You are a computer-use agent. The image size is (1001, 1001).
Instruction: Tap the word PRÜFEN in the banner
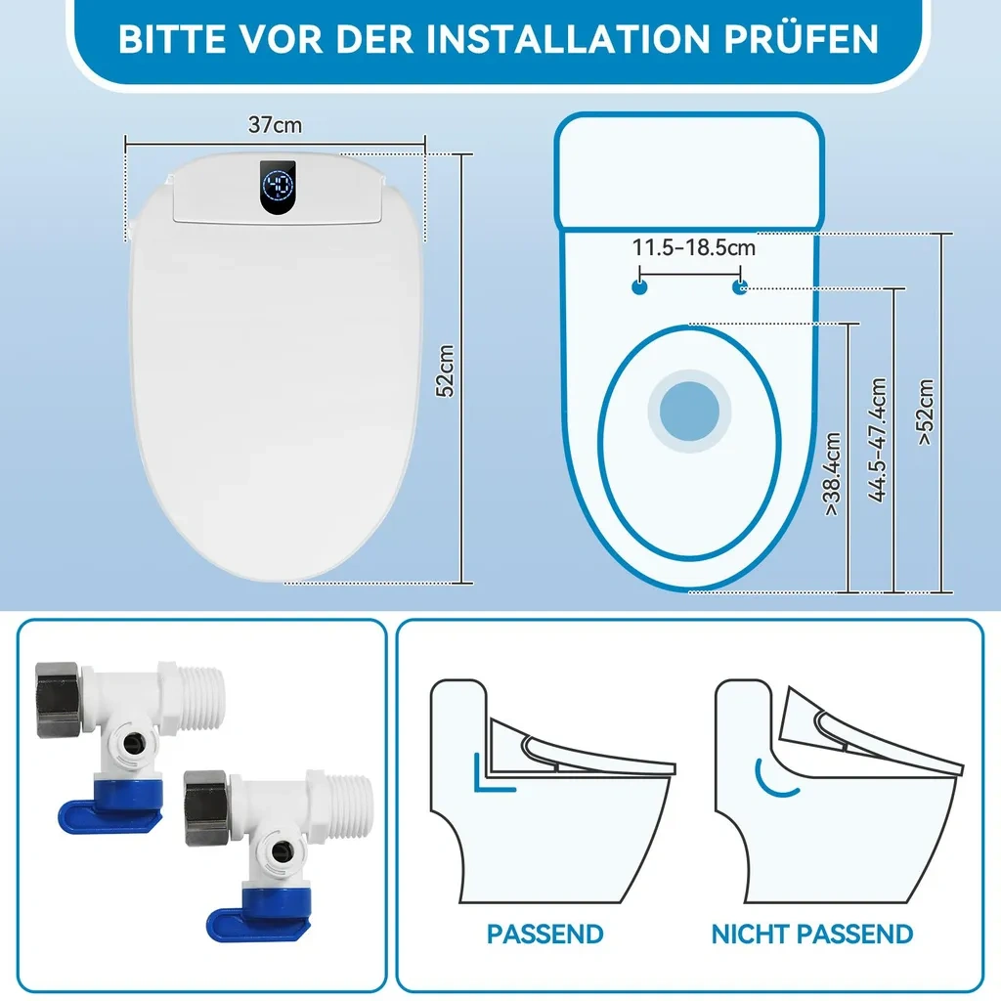coord(802,38)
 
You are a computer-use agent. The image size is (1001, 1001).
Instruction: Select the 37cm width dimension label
coord(275,124)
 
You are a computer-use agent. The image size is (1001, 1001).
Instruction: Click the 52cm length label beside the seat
coord(445,370)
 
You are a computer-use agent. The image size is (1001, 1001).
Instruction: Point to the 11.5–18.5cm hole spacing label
coord(693,247)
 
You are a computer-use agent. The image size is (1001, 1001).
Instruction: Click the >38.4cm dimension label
coord(832,474)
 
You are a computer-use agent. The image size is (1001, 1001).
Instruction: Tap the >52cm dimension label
coord(925,412)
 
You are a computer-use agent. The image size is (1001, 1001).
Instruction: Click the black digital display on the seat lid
coord(278,187)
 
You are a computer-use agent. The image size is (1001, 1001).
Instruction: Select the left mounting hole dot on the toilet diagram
coord(639,287)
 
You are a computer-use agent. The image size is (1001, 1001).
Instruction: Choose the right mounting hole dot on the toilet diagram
coord(739,287)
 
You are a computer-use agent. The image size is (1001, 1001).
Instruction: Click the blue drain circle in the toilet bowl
coord(689,412)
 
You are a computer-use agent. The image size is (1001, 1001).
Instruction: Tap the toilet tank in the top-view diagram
coord(689,171)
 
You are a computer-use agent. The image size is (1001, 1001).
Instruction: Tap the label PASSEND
coord(545,934)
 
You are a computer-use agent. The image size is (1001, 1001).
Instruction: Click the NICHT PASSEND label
coord(812,934)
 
